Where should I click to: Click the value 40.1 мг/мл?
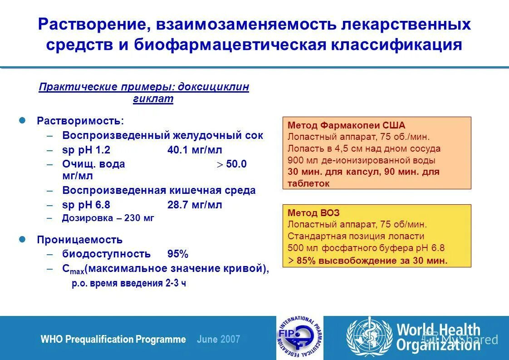coord(195,150)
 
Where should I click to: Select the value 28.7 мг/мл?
coord(195,205)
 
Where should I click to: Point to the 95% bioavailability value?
coord(178,254)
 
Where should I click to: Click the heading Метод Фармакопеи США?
coord(347,125)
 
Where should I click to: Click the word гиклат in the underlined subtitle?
coord(153,99)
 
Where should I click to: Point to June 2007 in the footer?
coord(219,339)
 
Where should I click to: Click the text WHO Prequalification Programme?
coord(113,339)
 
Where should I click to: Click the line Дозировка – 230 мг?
coord(108,218)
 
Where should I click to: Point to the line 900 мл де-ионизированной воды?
coord(362,160)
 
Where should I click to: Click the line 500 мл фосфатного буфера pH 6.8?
coord(366,248)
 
